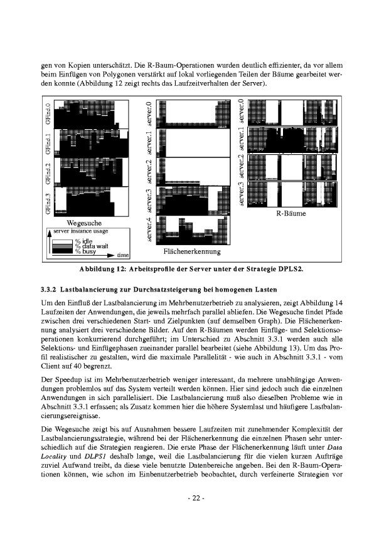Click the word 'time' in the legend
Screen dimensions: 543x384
click(123, 255)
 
